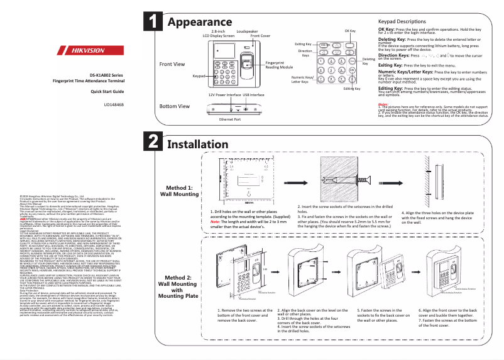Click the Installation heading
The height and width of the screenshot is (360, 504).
(201, 144)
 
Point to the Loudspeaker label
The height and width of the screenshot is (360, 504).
(246, 30)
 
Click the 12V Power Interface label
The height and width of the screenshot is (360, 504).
(224, 94)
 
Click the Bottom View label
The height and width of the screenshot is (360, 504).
(174, 106)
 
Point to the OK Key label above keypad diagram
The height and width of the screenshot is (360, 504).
(350, 31)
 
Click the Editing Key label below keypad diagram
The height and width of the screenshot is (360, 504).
(352, 89)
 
